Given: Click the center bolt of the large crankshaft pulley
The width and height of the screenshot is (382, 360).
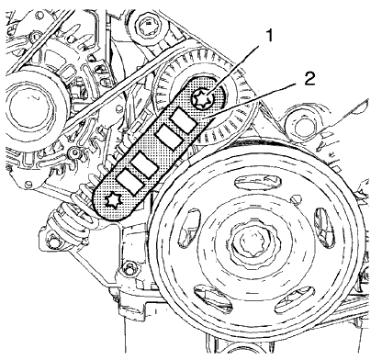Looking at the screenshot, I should click(253, 247).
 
